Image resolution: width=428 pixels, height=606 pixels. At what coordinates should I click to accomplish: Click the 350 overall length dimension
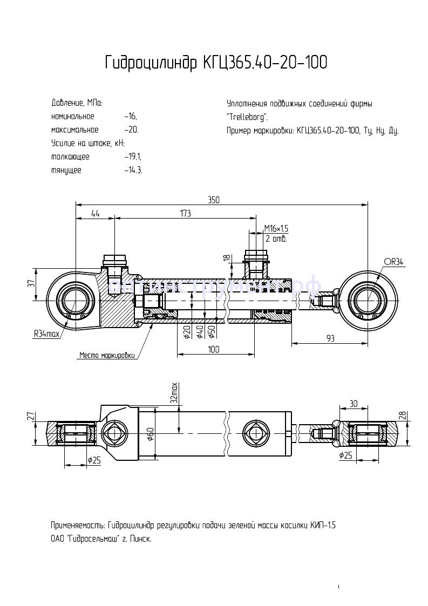pos(214,200)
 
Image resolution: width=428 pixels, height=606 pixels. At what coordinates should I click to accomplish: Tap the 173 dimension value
pos(185,214)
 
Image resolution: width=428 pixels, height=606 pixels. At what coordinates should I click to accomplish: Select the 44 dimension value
pos(95,214)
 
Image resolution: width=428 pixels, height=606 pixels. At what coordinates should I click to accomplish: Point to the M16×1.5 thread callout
pos(276,229)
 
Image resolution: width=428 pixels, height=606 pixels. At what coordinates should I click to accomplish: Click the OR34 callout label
pos(393,262)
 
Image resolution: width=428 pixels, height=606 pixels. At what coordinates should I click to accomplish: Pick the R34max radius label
pos(46,334)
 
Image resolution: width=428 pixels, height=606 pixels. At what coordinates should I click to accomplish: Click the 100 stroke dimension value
pos(213,350)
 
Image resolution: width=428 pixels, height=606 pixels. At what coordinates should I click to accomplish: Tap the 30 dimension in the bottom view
pos(354,404)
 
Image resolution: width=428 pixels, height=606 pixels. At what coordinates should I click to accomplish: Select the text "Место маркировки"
pos(106,355)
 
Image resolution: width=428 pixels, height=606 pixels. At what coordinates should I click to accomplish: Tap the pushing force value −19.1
pos(132,157)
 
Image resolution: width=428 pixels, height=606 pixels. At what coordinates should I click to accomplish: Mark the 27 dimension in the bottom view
pos(31,416)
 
